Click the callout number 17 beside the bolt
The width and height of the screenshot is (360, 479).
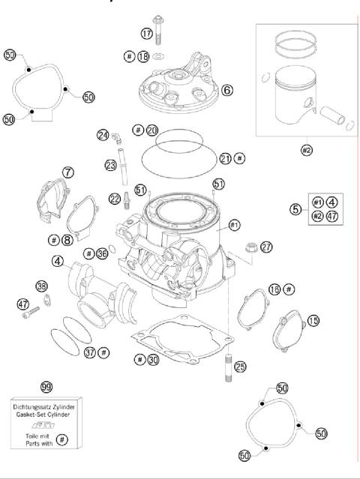146,33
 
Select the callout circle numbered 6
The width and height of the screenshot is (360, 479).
226,90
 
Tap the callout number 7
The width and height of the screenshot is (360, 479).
68,172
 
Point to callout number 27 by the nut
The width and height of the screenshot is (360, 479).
266,247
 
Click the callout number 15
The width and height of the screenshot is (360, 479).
313,320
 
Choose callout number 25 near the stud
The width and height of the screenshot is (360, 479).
239,367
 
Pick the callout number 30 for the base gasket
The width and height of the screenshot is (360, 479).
153,360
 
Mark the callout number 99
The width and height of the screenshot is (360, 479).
46,386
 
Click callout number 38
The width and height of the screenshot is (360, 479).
41,286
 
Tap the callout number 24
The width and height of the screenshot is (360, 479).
102,135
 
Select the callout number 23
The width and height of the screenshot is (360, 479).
109,165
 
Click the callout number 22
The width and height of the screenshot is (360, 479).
114,198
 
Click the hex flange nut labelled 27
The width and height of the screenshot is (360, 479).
250,245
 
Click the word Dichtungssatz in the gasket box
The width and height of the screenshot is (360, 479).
36,406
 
